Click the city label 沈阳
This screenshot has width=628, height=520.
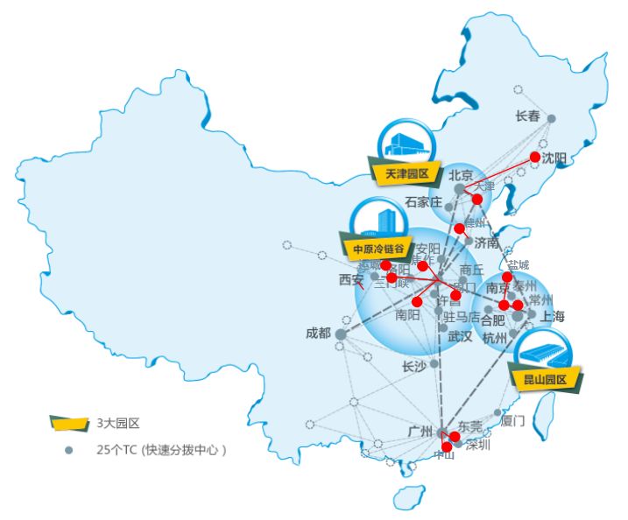pos(554,158)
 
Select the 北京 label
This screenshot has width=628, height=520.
pos(461,175)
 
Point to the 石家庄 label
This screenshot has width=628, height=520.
pos(423,202)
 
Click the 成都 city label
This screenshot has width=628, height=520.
pos(318,333)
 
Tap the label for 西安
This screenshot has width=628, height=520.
pos(351,280)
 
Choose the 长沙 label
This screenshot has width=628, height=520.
pos(413,367)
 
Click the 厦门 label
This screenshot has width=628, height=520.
pos(513,420)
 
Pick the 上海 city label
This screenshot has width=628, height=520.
pos(553,316)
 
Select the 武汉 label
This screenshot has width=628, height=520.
pos(460,336)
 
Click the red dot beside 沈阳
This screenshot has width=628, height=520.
pos(536,158)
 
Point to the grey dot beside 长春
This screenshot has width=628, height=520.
pos(551,118)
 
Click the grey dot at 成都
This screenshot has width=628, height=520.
pos(341,334)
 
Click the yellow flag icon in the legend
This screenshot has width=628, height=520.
pos(69,424)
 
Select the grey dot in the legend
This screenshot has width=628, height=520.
pos(68,450)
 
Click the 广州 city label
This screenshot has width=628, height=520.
pos(420,432)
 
